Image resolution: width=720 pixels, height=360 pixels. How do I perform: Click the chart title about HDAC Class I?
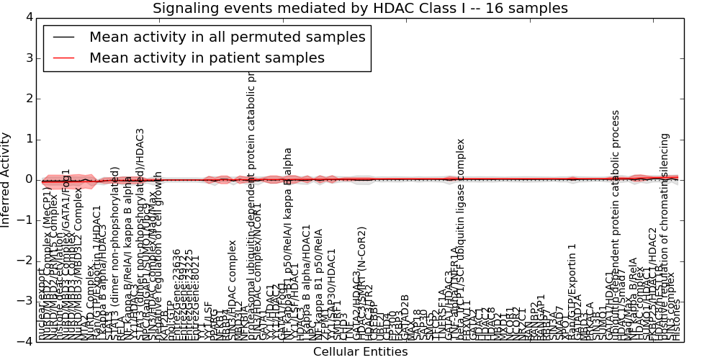(x=360, y=9)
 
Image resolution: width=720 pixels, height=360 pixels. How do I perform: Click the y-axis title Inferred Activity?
(x=6, y=179)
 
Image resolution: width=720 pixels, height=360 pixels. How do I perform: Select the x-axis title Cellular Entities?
(x=360, y=352)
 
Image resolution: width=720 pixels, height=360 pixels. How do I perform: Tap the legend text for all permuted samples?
(x=227, y=37)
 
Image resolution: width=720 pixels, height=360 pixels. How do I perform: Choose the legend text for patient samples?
(x=207, y=58)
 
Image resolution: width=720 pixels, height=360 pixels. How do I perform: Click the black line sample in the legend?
(x=63, y=37)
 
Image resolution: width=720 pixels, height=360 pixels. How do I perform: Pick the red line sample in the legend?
(x=63, y=58)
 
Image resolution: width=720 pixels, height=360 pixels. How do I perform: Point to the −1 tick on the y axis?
(x=24, y=220)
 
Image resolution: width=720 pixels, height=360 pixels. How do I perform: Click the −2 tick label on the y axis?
(x=24, y=261)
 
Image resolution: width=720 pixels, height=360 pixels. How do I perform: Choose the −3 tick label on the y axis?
(x=24, y=302)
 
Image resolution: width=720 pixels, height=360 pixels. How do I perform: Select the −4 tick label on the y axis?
(x=24, y=342)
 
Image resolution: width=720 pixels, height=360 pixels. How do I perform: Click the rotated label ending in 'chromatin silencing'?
(x=665, y=238)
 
